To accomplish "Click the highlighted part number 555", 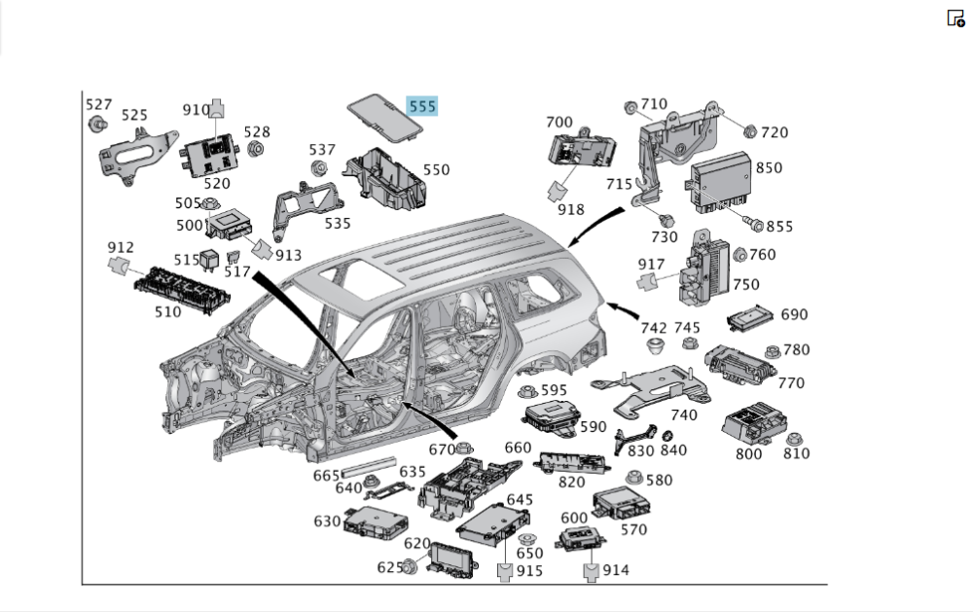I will [422, 106].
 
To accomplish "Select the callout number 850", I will [769, 168].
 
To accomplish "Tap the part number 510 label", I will [167, 312].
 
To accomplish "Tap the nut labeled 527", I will [97, 124].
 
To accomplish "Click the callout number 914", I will [616, 570].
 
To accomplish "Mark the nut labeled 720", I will [748, 131].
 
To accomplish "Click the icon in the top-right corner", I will [955, 18].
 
